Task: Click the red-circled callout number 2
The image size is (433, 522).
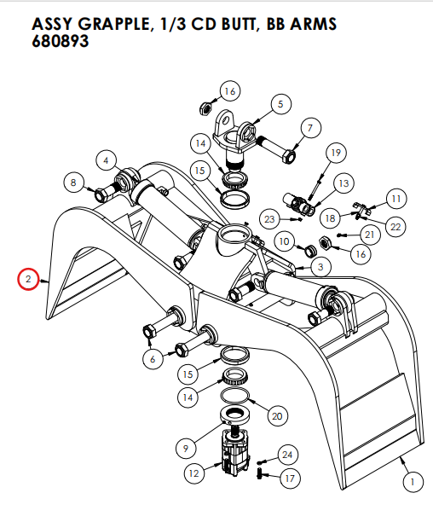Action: tap(28, 279)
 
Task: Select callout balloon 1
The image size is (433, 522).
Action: tap(412, 483)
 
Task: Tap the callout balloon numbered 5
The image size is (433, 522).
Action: tap(279, 105)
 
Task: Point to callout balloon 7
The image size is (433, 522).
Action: tap(309, 129)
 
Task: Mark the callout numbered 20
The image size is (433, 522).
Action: tap(275, 415)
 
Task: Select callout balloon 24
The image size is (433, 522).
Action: tap(286, 455)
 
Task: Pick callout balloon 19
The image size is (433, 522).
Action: tap(335, 153)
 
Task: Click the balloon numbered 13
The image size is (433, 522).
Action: tap(344, 183)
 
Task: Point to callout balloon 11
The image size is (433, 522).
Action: tap(395, 199)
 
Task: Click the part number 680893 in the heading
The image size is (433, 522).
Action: tap(61, 41)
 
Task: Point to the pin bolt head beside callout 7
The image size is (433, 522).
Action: tap(288, 157)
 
